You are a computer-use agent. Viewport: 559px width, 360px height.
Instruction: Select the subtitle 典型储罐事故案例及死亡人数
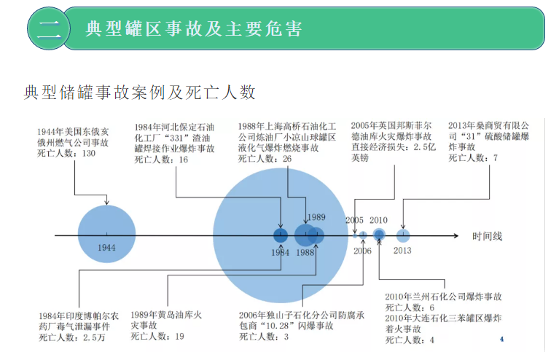click(x=140, y=92)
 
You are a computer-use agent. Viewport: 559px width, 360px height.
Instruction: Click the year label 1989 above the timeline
click(x=316, y=217)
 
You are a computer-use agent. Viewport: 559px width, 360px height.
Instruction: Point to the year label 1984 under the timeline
click(x=281, y=252)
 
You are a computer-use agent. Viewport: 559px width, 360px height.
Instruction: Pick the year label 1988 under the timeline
click(x=305, y=252)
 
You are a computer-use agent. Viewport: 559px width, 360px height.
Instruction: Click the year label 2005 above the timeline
click(x=354, y=220)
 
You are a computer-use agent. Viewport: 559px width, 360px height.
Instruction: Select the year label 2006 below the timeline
click(x=362, y=251)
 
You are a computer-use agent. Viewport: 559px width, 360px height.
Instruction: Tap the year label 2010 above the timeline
click(x=378, y=220)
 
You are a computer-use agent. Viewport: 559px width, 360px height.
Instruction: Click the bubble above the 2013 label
click(x=403, y=235)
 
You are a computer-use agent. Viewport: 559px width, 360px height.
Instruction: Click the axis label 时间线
click(x=487, y=236)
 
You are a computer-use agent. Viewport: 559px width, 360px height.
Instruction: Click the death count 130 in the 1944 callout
click(x=89, y=154)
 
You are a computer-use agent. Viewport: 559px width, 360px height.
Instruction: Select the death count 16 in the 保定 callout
click(x=183, y=159)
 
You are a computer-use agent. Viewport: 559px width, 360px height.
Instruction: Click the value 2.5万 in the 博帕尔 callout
click(x=93, y=337)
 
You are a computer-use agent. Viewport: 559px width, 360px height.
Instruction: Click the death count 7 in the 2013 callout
click(x=496, y=157)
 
